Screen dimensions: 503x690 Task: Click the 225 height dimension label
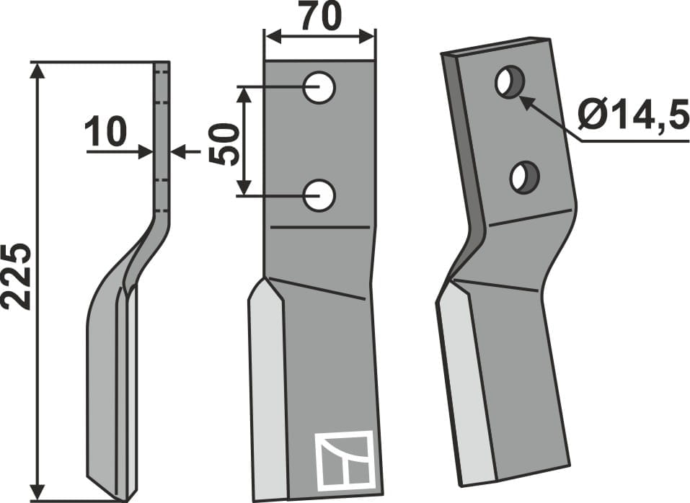[x=17, y=277]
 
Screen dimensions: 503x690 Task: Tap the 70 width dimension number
[x=320, y=17]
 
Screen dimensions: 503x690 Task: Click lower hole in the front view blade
[x=319, y=195]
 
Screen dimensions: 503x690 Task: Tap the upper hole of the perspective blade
[x=509, y=82]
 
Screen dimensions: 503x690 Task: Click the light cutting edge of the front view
[x=264, y=389]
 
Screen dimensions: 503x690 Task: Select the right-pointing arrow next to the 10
[x=144, y=152]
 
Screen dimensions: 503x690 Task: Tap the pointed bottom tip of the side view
[x=120, y=497]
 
